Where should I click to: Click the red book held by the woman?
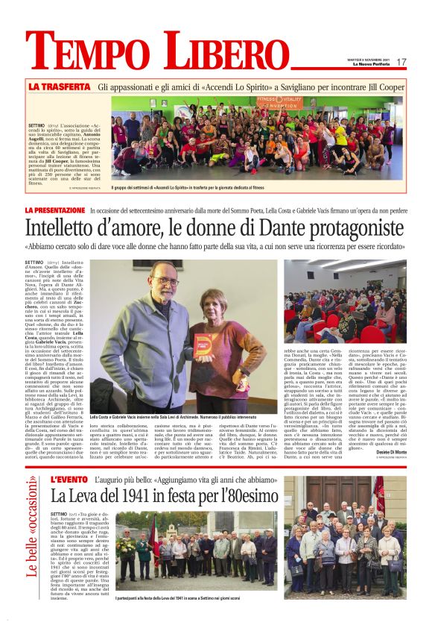point(203,345)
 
